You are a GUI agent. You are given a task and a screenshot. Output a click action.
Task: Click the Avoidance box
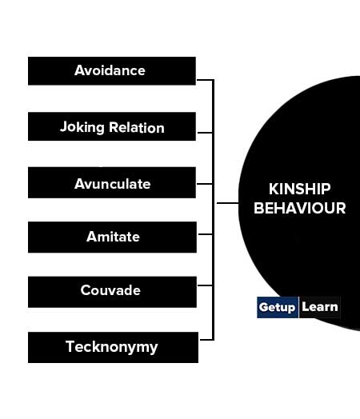click(x=112, y=71)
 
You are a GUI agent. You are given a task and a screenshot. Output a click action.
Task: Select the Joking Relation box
click(x=112, y=126)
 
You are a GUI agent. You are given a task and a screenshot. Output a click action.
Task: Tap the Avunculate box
click(x=112, y=182)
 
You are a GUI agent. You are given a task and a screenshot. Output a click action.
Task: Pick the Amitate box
click(x=112, y=237)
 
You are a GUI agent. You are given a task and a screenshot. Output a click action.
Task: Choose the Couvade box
click(x=112, y=292)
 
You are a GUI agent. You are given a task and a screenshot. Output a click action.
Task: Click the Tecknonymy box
click(x=113, y=347)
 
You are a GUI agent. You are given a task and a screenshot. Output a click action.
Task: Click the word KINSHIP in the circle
click(x=299, y=190)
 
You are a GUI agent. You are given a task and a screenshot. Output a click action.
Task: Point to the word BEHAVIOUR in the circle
click(x=299, y=208)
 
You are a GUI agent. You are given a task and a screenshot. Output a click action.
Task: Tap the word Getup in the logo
click(x=277, y=307)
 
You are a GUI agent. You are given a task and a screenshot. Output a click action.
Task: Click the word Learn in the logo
click(x=320, y=307)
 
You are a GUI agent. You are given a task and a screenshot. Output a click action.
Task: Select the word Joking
click(x=82, y=127)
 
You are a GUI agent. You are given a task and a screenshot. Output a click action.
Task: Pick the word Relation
click(x=137, y=127)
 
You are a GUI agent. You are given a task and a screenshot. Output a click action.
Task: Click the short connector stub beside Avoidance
click(x=205, y=80)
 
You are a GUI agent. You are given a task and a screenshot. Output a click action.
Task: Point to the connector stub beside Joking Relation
click(x=206, y=132)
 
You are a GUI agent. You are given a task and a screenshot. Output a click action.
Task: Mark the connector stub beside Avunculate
click(x=205, y=184)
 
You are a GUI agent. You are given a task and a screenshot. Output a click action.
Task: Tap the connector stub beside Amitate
click(x=206, y=234)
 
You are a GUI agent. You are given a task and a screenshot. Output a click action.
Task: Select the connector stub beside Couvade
click(x=206, y=285)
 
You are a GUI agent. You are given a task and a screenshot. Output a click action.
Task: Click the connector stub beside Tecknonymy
click(x=206, y=340)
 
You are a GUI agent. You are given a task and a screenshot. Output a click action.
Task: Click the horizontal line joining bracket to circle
click(x=228, y=203)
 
